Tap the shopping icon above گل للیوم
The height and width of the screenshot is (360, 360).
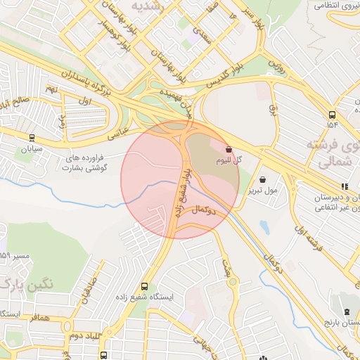coord(229,149)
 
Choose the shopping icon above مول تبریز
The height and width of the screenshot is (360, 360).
coord(263,179)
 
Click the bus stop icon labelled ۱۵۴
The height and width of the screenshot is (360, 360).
coord(332,114)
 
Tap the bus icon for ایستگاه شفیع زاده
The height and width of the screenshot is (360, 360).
coord(144,286)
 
